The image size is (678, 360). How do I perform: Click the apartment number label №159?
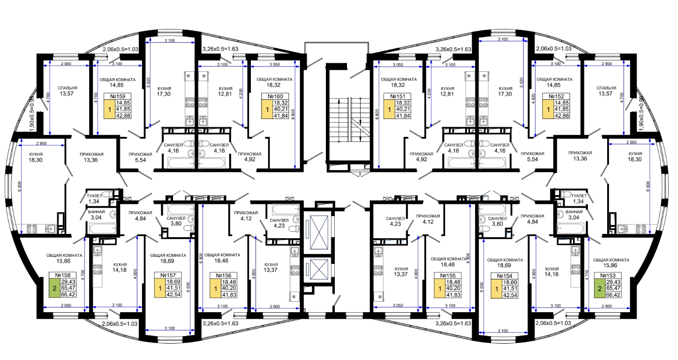click(x=117, y=97)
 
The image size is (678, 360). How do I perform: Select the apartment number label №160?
click(x=275, y=97)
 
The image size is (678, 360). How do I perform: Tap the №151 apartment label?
click(x=398, y=97)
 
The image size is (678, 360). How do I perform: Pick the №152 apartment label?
click(x=556, y=97)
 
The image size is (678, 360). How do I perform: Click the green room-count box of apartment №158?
click(x=54, y=288)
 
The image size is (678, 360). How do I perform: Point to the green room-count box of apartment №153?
click(x=600, y=288)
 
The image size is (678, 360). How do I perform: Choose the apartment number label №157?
click(x=168, y=275)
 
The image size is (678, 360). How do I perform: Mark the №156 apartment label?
click(x=223, y=276)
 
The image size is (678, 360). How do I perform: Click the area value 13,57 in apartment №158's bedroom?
click(x=67, y=93)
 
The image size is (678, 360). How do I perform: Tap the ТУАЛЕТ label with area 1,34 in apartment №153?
click(x=579, y=198)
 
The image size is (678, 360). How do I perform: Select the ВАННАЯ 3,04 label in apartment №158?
click(x=96, y=215)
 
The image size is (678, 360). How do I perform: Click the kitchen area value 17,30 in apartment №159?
click(x=164, y=94)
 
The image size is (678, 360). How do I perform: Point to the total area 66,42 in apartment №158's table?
click(x=68, y=294)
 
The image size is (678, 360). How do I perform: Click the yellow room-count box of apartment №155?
click(x=440, y=288)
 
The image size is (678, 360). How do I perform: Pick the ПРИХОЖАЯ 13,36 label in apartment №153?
click(x=580, y=156)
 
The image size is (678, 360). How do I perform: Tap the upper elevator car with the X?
click(x=319, y=232)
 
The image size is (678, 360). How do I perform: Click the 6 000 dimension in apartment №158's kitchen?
click(x=19, y=187)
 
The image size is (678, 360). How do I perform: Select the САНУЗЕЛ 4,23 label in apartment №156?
click(x=279, y=223)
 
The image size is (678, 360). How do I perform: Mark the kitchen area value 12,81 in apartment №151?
click(x=447, y=93)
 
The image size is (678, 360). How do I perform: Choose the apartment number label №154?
click(x=504, y=276)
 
